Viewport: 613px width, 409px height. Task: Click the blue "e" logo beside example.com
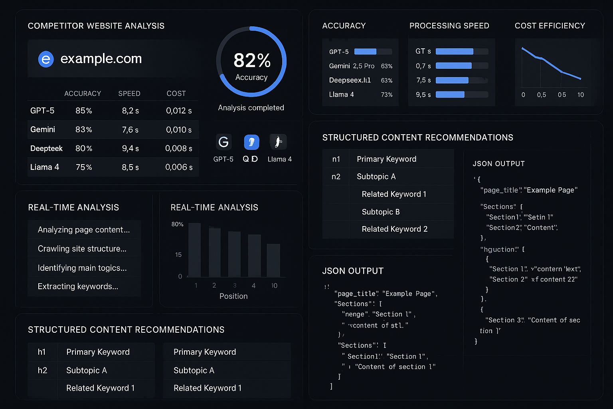[46, 59]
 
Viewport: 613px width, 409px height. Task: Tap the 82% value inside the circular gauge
[252, 61]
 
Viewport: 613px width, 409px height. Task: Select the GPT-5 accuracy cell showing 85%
[84, 111]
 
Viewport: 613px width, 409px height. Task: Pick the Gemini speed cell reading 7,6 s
[130, 130]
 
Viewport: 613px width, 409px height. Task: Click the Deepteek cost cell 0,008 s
[178, 149]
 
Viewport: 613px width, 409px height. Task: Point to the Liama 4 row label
[45, 167]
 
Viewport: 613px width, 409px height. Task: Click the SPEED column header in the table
[129, 93]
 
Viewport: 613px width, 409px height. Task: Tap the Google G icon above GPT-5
[223, 142]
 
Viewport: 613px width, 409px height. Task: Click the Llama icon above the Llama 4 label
[278, 142]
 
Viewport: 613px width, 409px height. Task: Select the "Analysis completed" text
[251, 108]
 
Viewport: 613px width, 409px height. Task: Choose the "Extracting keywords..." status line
[78, 286]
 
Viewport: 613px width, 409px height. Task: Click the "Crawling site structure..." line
[82, 249]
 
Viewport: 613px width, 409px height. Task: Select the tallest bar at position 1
[194, 250]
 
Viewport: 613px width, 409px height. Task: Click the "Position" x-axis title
[233, 296]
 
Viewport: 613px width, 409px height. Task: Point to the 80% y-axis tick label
[177, 224]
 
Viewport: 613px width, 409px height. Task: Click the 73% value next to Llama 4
[387, 95]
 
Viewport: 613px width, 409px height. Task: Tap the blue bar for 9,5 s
[450, 95]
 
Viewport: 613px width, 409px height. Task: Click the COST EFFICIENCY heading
[550, 26]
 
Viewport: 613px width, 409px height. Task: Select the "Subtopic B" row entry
[381, 212]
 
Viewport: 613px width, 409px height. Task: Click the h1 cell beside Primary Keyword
[42, 352]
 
